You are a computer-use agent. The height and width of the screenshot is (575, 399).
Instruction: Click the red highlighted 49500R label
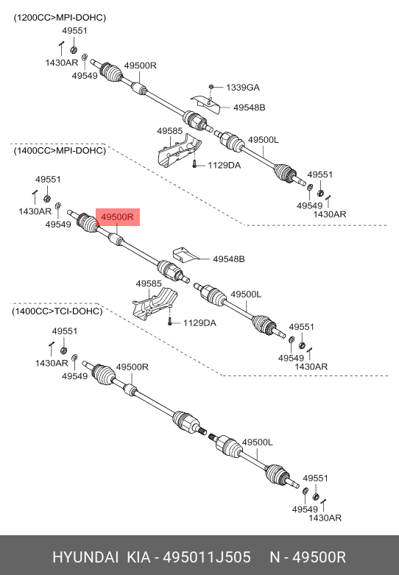[118, 217]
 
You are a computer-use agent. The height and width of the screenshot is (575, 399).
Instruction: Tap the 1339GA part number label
[243, 88]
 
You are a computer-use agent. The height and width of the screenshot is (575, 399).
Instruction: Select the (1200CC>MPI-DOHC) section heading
[60, 18]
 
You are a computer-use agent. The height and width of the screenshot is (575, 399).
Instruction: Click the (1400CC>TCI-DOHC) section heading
[57, 311]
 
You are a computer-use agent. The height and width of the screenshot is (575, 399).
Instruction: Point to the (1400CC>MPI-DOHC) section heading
[60, 151]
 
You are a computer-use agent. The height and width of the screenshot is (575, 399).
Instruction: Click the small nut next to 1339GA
[211, 87]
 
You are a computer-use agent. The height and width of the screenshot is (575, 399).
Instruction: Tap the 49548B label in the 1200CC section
[250, 107]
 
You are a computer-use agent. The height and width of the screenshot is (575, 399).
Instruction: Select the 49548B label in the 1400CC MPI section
[229, 259]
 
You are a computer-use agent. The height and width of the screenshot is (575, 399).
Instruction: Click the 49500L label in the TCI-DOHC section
[258, 442]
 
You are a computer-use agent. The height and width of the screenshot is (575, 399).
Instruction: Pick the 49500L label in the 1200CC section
[264, 140]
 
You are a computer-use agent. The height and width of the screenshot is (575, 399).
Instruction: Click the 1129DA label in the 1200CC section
[225, 166]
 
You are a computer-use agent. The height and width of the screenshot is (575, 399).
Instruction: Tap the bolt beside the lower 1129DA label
[170, 322]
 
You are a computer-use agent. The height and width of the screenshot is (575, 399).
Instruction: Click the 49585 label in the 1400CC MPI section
[149, 283]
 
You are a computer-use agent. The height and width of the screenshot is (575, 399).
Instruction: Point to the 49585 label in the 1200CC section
[170, 131]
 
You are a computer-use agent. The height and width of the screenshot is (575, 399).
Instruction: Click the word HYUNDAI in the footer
[85, 557]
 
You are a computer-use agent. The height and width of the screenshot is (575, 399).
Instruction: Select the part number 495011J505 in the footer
[207, 557]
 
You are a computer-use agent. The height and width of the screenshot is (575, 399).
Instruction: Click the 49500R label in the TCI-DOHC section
[133, 367]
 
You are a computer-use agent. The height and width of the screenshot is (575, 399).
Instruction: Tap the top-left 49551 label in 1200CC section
[75, 31]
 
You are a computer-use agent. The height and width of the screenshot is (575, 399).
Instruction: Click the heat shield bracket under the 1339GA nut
[205, 104]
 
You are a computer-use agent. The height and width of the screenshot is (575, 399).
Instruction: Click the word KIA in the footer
[138, 557]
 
